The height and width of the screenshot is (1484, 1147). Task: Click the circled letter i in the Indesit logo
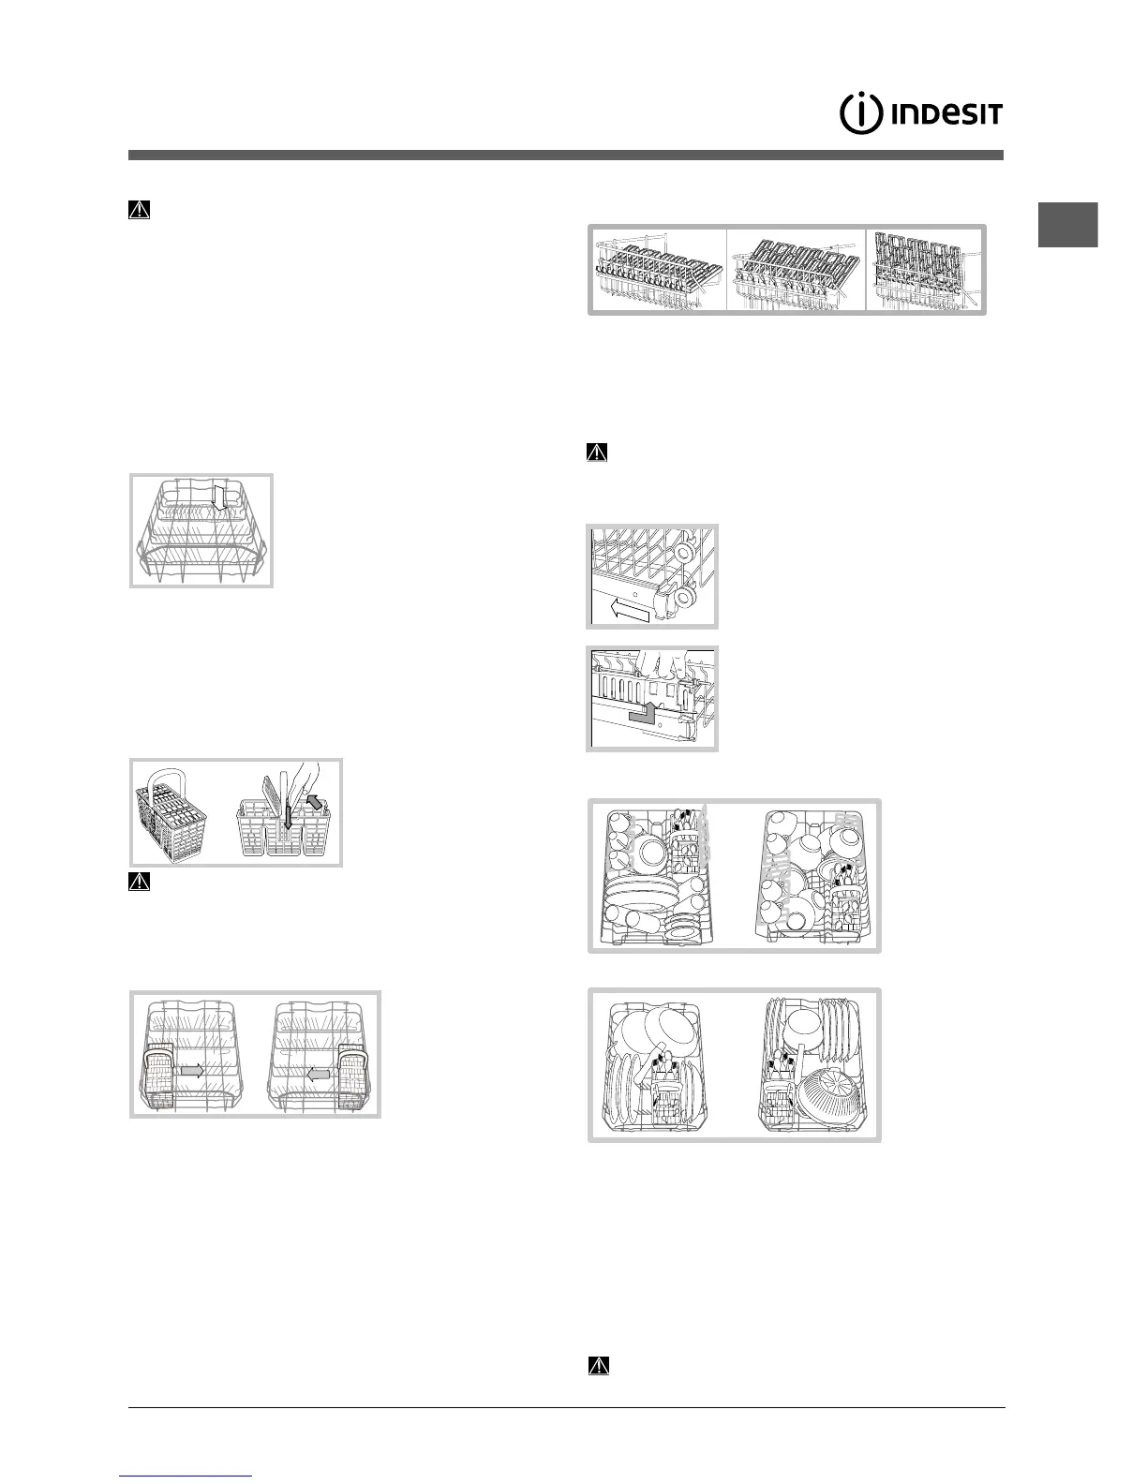[x=860, y=114]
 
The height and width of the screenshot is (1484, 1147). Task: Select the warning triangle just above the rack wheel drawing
[x=597, y=453]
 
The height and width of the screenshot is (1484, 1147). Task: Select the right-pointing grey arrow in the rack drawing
[x=192, y=1070]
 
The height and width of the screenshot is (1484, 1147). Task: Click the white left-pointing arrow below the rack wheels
[x=629, y=610]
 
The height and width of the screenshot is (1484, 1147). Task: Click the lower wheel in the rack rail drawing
[x=684, y=597]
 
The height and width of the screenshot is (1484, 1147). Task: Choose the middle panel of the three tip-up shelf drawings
[x=796, y=269]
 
